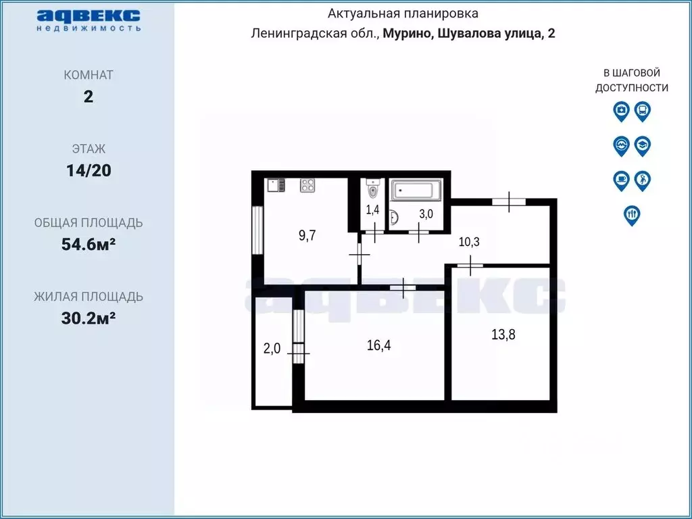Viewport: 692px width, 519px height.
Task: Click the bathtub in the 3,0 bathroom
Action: tap(416, 190)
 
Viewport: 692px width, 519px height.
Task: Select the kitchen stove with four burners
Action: tap(308, 185)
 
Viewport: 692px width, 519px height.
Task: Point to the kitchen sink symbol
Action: tap(274, 185)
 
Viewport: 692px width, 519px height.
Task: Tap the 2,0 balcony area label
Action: tap(271, 349)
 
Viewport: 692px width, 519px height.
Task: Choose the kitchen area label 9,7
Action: tap(307, 235)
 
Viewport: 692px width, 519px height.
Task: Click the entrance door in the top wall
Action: tap(509, 201)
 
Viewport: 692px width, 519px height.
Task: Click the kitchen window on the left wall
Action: tap(256, 229)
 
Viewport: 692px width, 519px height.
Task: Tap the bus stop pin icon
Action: tap(643, 111)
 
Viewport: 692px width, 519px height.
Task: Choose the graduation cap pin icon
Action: tap(643, 145)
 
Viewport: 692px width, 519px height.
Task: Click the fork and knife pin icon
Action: tap(632, 214)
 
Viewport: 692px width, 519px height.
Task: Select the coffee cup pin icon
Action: tap(621, 180)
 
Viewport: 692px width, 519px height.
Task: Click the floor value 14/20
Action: tap(89, 170)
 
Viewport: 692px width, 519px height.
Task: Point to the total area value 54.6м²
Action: tap(89, 244)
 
